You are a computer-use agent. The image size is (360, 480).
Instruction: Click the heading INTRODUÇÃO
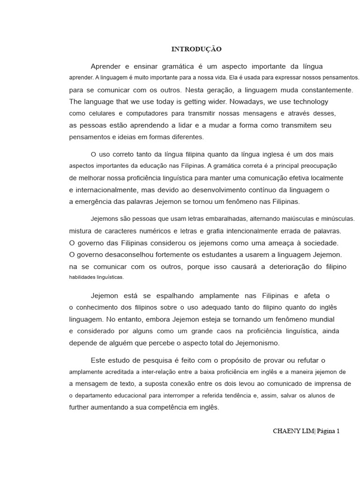click(196, 49)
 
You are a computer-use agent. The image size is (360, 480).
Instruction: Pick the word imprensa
click(325, 383)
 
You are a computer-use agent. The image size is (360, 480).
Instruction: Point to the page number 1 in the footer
click(337, 431)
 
